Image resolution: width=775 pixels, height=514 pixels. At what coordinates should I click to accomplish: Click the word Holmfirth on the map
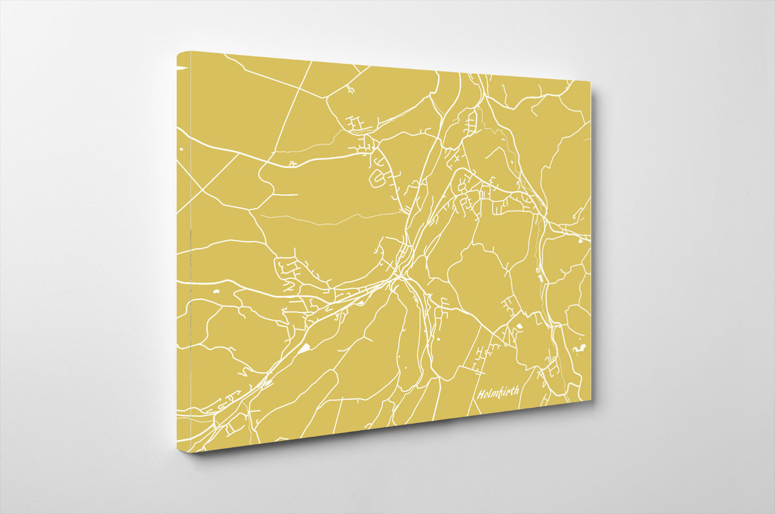pos(498,391)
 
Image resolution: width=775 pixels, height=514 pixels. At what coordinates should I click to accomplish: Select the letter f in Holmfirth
pos(501,392)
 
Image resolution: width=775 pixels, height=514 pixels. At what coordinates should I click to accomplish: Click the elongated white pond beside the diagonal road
pos(304,349)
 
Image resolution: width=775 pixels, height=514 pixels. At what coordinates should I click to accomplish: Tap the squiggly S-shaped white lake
pos(579,350)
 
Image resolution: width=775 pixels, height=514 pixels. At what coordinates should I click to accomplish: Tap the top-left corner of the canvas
pos(178,52)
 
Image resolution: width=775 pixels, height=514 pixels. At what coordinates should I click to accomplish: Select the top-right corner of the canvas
pos(590,81)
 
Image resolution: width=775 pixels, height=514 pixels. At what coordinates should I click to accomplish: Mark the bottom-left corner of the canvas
pos(191,452)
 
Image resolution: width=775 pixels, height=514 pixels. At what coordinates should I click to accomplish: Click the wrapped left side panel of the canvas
pos(183,259)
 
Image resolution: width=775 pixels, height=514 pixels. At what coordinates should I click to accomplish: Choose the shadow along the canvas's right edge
pos(595,246)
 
